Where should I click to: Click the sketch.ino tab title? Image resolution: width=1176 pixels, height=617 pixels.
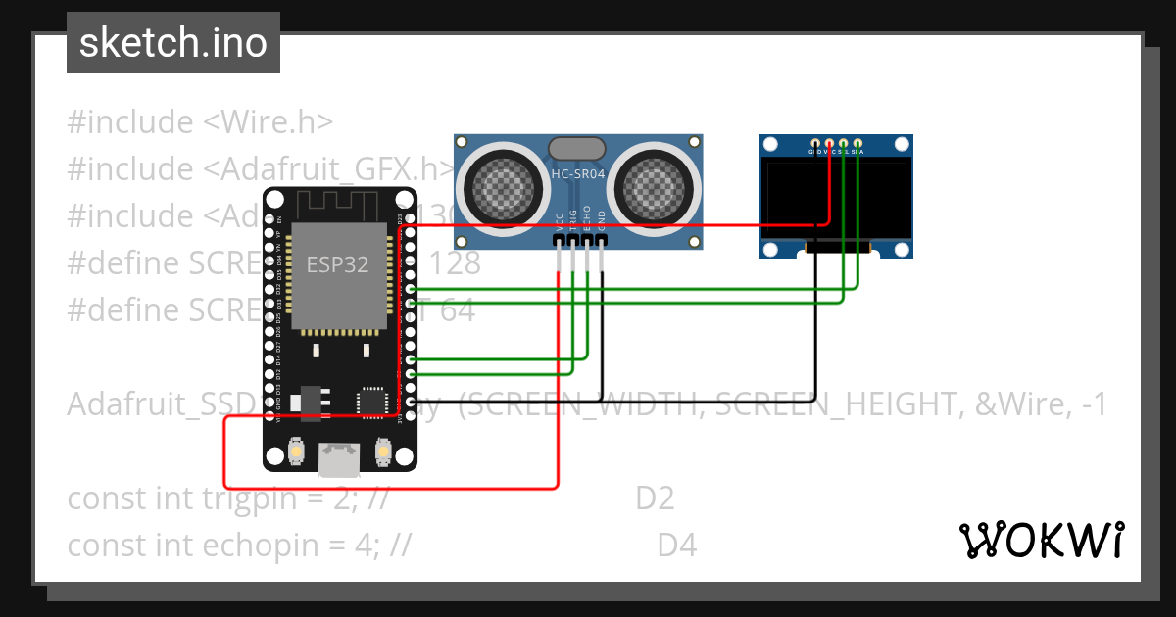point(172,43)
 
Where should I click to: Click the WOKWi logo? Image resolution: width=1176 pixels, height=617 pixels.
point(1041,540)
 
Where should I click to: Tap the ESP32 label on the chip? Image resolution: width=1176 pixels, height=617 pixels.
point(337,264)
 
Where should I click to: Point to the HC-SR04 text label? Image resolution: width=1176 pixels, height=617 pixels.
point(578,174)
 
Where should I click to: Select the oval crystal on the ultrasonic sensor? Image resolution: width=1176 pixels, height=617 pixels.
point(577,148)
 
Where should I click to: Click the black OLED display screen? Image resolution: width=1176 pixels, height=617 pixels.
point(836,200)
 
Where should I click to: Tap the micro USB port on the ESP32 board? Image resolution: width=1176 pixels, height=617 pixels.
point(338,455)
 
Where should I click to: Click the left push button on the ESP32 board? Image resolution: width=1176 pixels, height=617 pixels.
point(294,452)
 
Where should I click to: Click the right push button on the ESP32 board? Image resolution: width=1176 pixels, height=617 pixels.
point(383,452)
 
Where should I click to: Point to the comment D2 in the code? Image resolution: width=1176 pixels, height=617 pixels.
point(655,498)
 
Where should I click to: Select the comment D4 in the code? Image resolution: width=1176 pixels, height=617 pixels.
point(677,545)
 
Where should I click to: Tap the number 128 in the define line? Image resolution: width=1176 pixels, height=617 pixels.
point(456,263)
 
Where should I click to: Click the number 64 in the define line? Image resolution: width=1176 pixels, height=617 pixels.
point(458,310)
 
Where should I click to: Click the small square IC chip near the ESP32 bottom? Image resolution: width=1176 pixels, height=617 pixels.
point(372,401)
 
